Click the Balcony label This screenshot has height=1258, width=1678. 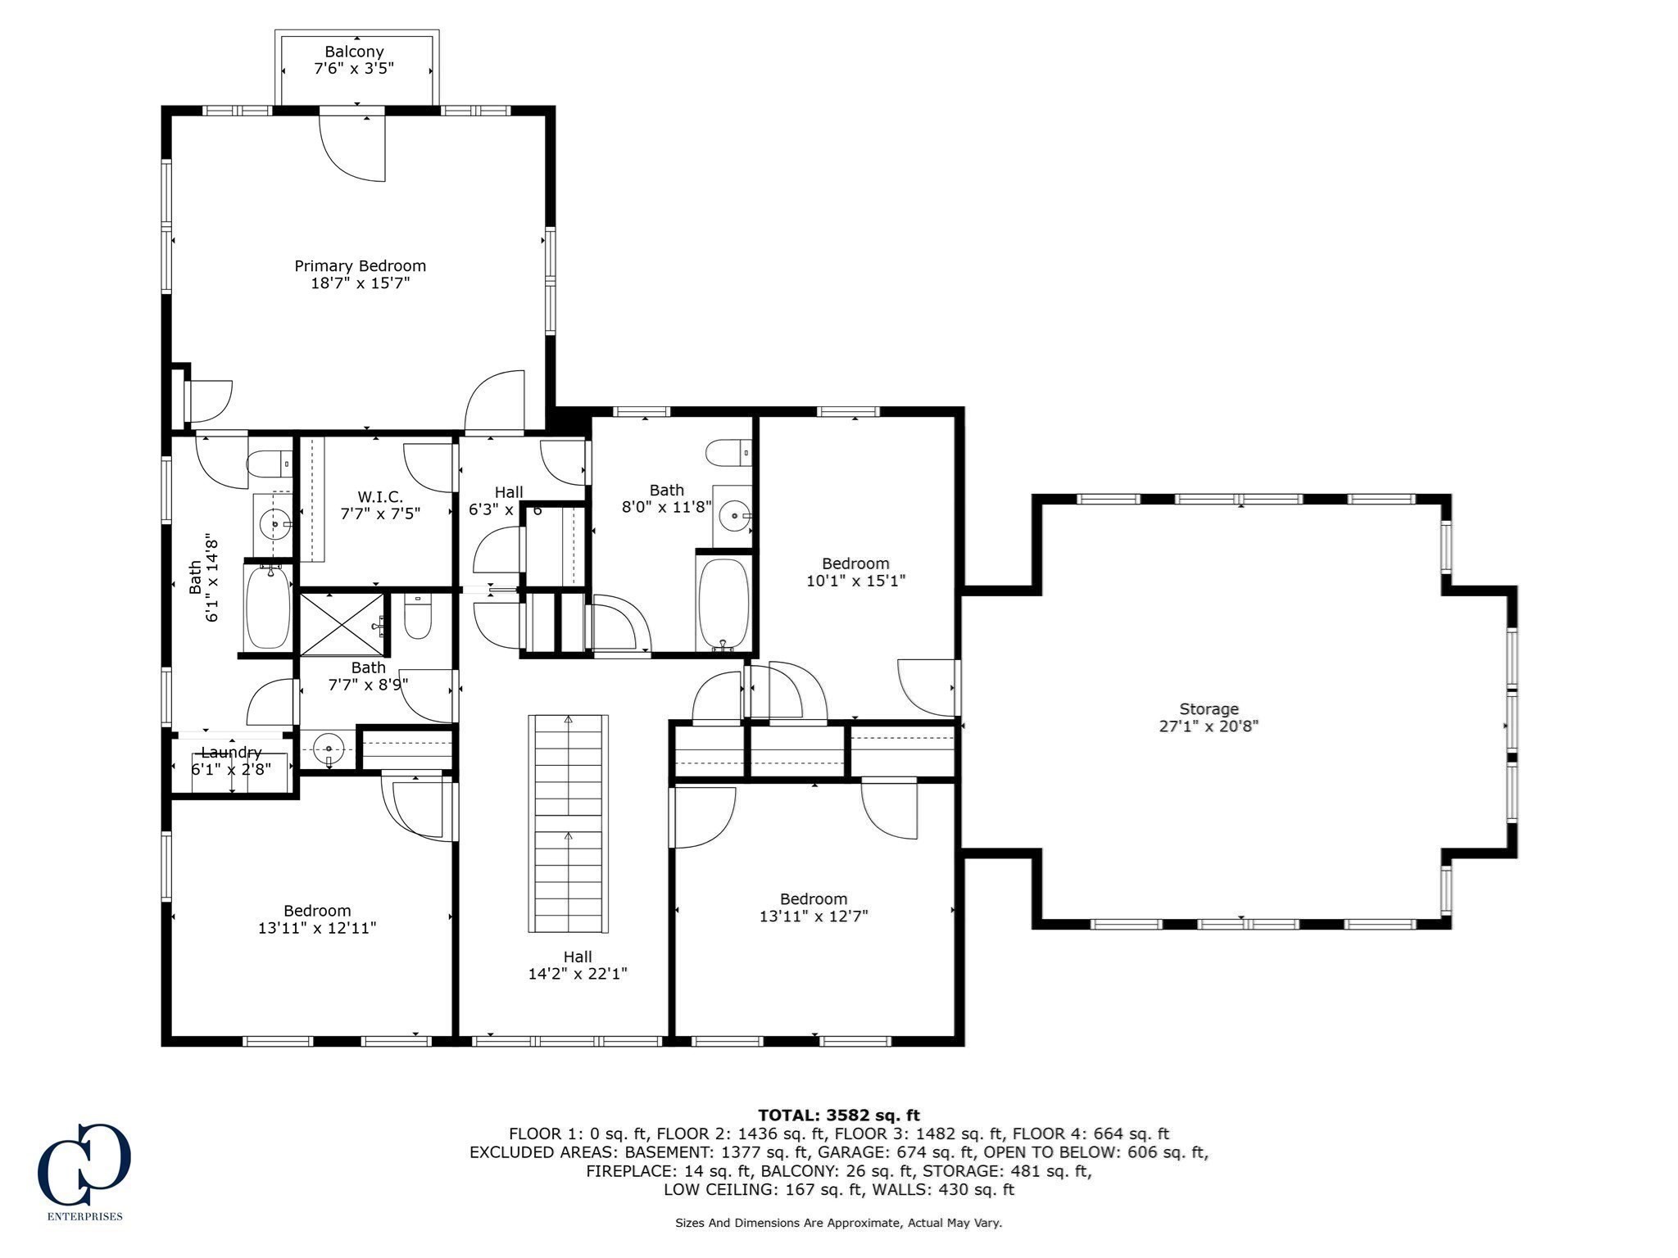click(354, 52)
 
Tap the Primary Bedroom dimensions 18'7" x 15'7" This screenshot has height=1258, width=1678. click(360, 283)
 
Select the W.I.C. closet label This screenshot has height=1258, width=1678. click(380, 496)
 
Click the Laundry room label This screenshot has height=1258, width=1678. click(231, 752)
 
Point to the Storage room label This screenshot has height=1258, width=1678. click(1209, 708)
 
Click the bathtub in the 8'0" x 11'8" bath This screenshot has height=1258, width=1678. click(723, 603)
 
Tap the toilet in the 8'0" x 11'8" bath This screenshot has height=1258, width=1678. click(728, 451)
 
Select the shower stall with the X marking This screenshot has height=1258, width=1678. click(342, 623)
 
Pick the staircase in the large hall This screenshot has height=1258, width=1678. click(569, 822)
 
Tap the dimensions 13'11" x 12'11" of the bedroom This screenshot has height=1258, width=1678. click(317, 928)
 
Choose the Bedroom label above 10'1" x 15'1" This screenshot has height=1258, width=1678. click(855, 563)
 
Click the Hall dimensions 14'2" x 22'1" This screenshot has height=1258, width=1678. click(578, 974)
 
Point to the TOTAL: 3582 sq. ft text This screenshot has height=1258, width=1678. click(838, 1115)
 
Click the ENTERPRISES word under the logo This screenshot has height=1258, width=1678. click(84, 1216)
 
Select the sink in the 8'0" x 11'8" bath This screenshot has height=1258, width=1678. click(733, 516)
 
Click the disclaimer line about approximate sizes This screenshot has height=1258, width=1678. click(838, 1223)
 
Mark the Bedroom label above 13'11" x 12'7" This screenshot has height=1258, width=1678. click(813, 898)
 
